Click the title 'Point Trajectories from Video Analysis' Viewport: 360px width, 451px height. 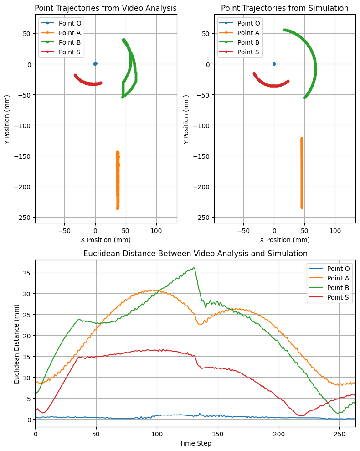(x=106, y=8)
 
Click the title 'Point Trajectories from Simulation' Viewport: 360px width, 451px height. (x=284, y=8)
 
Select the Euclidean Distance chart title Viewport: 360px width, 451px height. (x=195, y=254)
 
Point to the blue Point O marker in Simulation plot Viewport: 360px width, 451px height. (x=274, y=64)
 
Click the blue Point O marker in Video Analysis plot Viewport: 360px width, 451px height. (x=95, y=64)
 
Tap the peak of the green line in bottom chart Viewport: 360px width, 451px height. (x=194, y=268)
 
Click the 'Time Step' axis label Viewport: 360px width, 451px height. (x=195, y=443)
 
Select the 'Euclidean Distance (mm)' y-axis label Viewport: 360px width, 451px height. (x=17, y=342)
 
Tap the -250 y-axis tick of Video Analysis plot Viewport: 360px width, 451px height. (x=22, y=217)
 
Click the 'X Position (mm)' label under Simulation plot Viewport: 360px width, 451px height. (x=284, y=240)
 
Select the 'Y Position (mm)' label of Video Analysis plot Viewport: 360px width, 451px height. (x=8, y=119)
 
